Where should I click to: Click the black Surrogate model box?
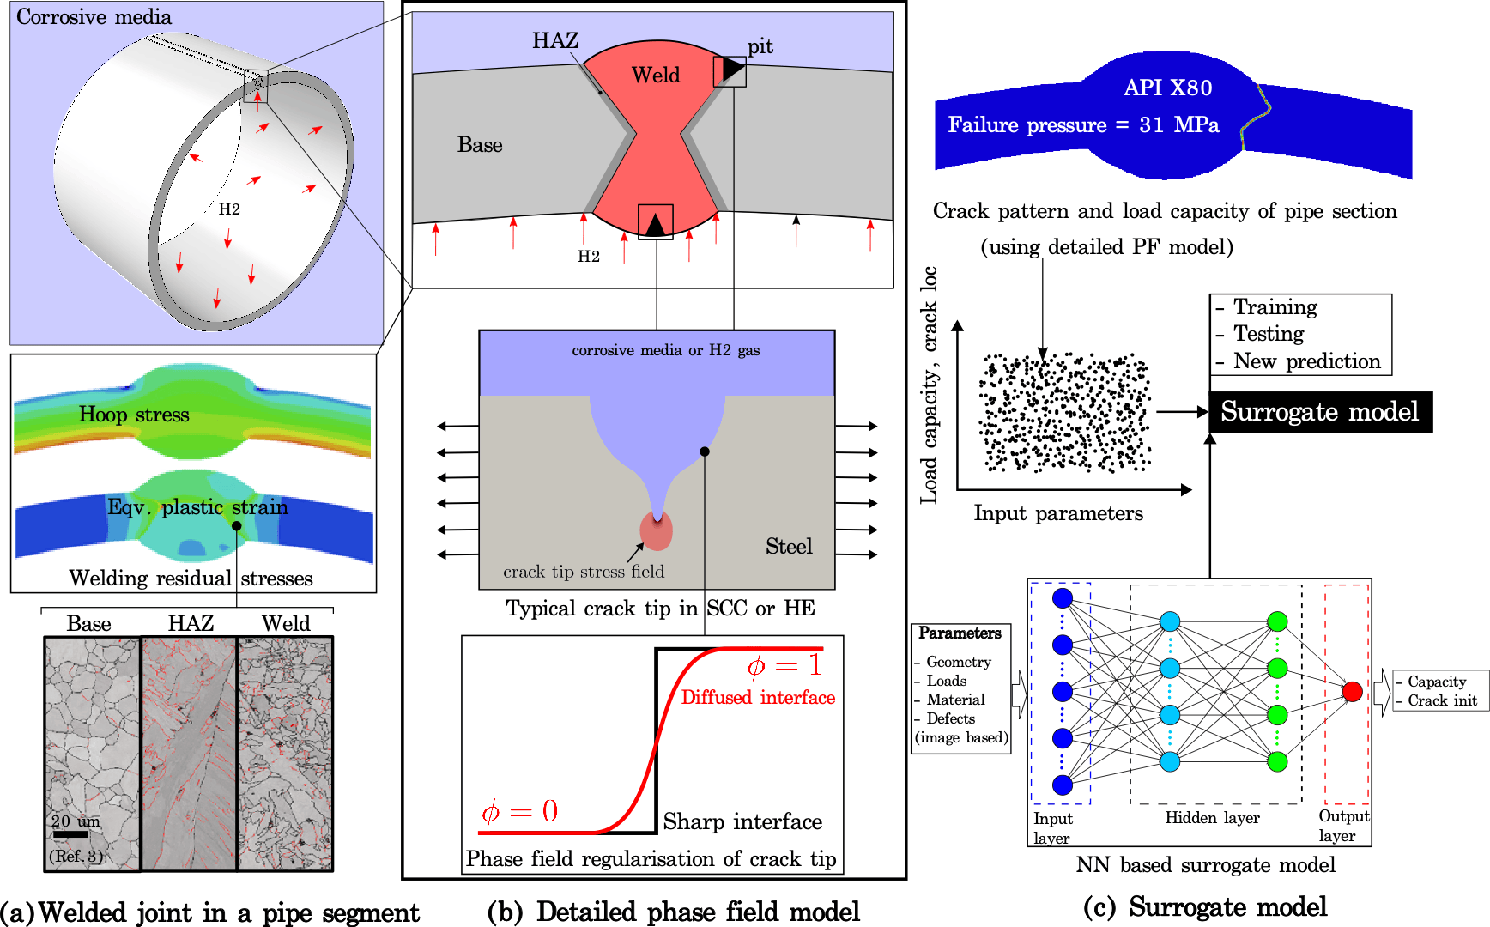(1321, 412)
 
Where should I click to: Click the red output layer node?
(1353, 692)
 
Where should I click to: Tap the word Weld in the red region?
(656, 76)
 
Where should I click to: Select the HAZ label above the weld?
(555, 40)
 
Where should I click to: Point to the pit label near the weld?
(760, 46)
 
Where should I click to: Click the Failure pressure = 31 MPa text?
(1083, 125)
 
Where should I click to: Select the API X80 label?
(1168, 88)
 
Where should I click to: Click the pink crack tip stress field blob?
(657, 530)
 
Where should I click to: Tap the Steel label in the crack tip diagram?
(789, 547)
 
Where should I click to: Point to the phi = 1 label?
(784, 666)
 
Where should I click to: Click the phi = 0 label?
(519, 811)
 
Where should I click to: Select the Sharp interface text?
(742, 822)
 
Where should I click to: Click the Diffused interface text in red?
(758, 697)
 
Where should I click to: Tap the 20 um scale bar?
(70, 833)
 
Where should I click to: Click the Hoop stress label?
(134, 415)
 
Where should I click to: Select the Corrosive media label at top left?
(94, 17)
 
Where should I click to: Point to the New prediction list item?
(1306, 361)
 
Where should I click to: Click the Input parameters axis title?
(1058, 513)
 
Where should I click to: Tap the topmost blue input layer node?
(1063, 598)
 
